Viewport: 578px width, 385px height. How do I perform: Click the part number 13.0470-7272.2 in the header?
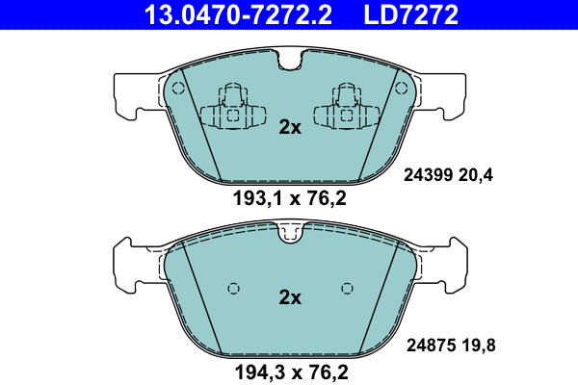[x=238, y=14]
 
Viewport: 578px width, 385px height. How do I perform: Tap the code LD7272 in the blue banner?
[x=411, y=14]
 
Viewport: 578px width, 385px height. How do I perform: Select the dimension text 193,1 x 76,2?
[x=290, y=198]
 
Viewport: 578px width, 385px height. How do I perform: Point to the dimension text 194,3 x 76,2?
[x=291, y=372]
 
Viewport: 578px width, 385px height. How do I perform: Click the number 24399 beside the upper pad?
[x=428, y=174]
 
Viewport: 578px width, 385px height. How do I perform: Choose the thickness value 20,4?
[x=476, y=175]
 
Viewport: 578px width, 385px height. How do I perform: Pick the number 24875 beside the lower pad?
[x=431, y=346]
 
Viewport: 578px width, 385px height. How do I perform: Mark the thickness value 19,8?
[x=479, y=346]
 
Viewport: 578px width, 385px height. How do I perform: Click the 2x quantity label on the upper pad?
[x=290, y=127]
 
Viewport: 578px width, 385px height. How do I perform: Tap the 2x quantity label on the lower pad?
[x=290, y=297]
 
